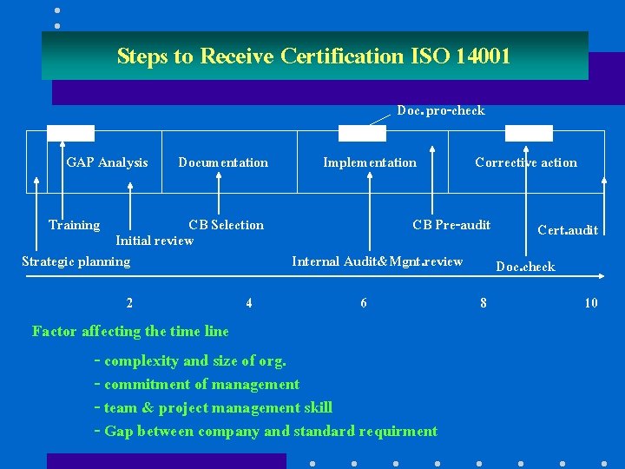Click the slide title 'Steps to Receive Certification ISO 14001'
click(313, 56)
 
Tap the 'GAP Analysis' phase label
click(107, 162)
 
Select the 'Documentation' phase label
click(223, 162)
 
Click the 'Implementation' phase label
click(370, 162)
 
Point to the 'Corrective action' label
click(525, 162)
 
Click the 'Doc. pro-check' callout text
click(440, 110)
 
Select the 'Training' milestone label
click(74, 225)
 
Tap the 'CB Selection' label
click(226, 225)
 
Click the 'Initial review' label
click(155, 241)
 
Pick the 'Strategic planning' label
click(76, 261)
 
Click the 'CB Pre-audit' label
click(451, 225)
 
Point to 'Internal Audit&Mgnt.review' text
click(378, 261)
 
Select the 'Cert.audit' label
click(568, 230)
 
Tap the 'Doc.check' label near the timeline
click(525, 267)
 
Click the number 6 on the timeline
click(364, 303)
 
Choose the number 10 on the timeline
click(590, 303)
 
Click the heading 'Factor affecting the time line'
click(130, 331)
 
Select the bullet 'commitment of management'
click(201, 385)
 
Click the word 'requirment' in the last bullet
click(395, 432)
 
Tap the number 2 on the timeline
click(129, 303)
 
